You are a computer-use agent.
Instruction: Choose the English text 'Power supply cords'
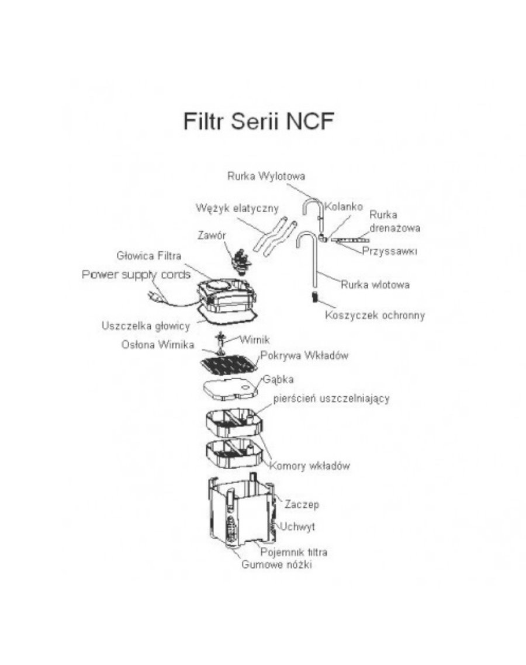[x=136, y=275]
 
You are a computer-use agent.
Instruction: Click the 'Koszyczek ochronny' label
[x=375, y=316]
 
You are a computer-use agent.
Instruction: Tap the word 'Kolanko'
[x=345, y=207]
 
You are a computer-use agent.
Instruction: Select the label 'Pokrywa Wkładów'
[x=304, y=356]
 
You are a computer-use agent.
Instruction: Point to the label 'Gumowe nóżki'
[x=276, y=565]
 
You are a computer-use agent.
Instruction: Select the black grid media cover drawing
[x=229, y=366]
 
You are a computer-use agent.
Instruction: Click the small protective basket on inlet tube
[x=313, y=297]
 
